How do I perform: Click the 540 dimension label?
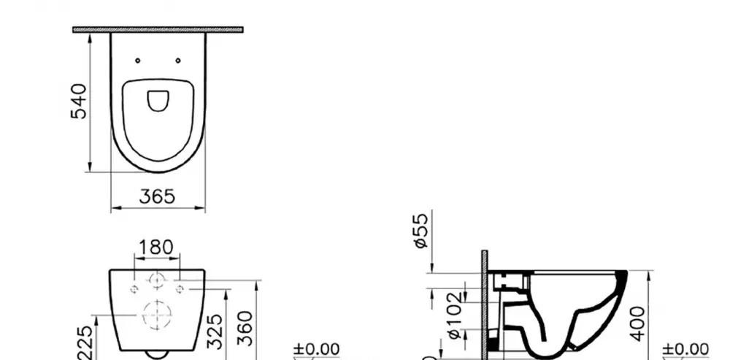point(79,101)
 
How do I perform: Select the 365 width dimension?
point(158,197)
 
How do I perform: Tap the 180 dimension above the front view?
point(156,248)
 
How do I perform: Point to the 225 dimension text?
point(86,342)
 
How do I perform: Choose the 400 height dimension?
point(639,323)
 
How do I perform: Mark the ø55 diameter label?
point(421,230)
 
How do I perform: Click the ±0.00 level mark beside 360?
point(316,350)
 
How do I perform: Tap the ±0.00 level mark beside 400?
point(685,350)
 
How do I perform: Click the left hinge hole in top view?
point(138,61)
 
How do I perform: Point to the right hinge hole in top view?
point(178,61)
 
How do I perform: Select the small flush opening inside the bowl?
point(158,100)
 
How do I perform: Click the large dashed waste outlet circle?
point(156,315)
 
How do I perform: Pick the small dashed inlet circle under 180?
point(156,279)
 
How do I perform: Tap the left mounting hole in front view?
point(134,289)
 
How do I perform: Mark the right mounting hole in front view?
point(179,289)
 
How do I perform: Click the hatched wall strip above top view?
point(158,30)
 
